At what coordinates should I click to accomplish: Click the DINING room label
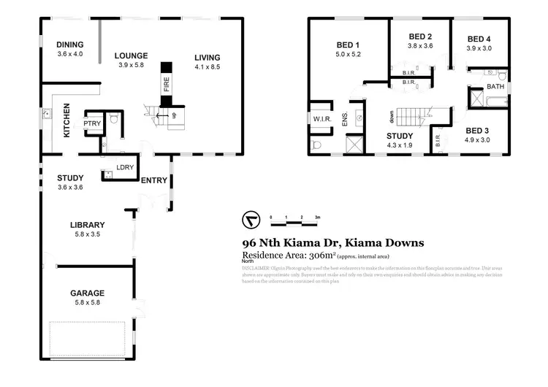coord(70,44)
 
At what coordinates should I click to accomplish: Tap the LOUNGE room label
coord(132,55)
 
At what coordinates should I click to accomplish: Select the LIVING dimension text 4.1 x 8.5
coord(207,67)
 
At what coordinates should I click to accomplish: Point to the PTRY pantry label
coord(92,123)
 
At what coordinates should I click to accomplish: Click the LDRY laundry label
coord(124,168)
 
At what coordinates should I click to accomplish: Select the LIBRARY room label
coord(88,225)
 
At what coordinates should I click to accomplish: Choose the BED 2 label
coord(420,37)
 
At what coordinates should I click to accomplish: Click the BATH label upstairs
coord(495,86)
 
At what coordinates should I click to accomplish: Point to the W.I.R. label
coord(322,118)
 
